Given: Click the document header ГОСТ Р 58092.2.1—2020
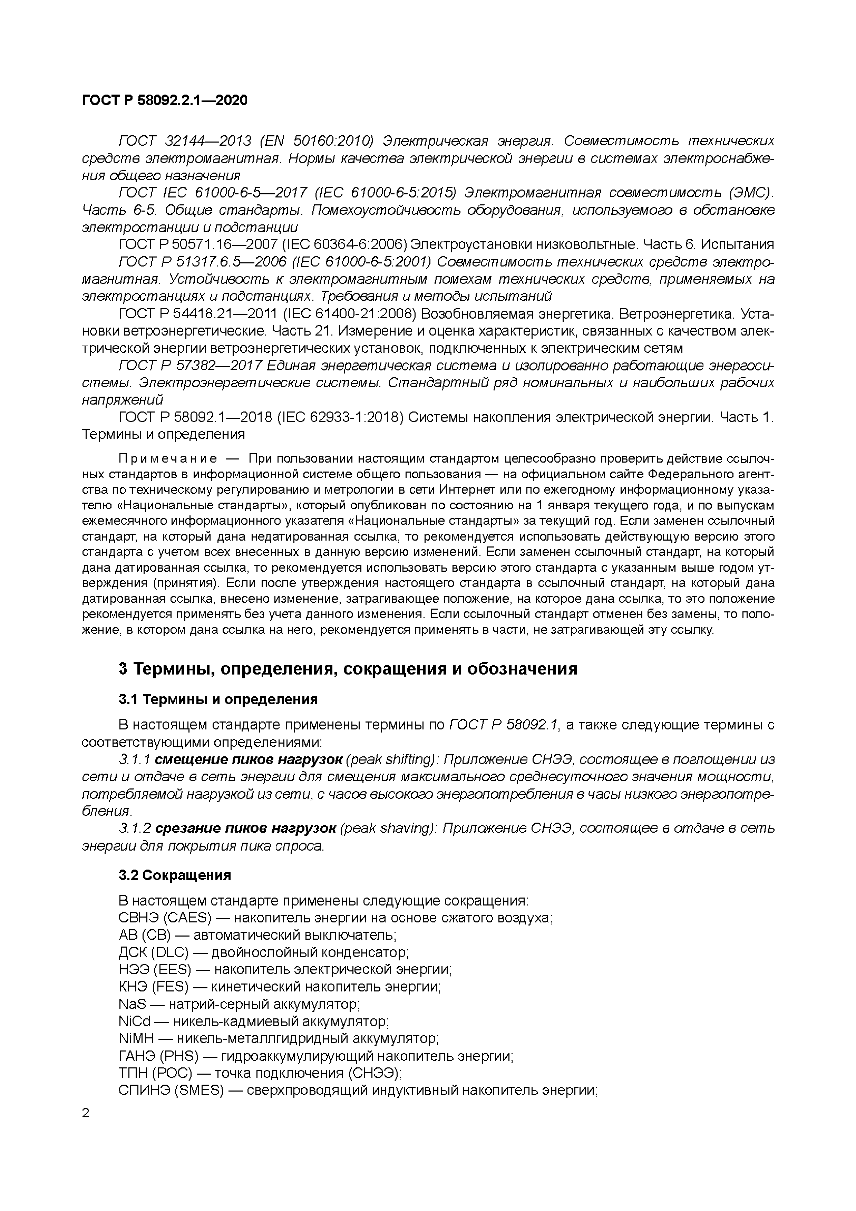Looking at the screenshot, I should coord(165,100).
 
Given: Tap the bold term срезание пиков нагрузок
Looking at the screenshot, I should coord(245,828).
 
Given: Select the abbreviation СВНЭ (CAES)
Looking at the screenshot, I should coord(165,918).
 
